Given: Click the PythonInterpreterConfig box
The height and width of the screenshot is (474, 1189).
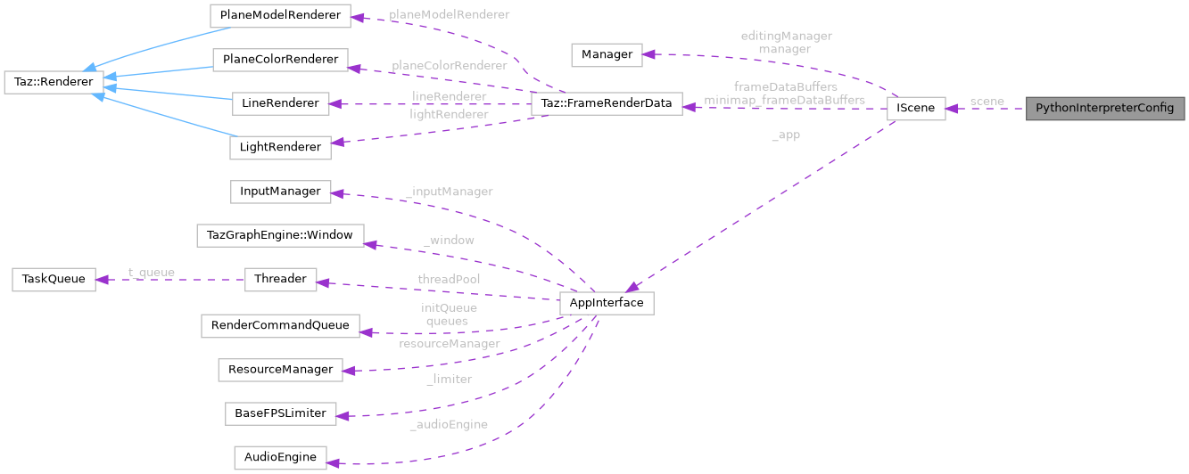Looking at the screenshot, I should point(1105,109).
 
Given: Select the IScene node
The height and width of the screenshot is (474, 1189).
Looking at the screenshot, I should point(915,109).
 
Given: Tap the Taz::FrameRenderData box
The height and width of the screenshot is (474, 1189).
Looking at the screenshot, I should point(607,103).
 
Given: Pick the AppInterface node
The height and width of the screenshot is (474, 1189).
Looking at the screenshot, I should point(607,303).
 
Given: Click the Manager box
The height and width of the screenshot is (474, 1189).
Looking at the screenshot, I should point(607,54).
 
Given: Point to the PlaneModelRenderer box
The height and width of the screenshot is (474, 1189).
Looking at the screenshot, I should point(280,16).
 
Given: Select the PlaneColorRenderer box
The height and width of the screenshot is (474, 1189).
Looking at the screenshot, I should point(280,61).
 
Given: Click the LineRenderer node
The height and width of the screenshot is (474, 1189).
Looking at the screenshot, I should point(280,103).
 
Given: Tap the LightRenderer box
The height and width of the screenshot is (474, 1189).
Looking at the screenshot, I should point(280,147).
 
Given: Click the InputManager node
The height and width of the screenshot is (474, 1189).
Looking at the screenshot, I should point(280,191).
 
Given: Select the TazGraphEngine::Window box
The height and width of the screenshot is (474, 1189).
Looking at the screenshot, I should point(280,235).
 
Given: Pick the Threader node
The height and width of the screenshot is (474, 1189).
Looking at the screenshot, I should point(280,279).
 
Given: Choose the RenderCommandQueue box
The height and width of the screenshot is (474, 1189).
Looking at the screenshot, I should point(280,325).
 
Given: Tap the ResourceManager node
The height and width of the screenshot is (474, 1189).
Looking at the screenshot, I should point(280,369).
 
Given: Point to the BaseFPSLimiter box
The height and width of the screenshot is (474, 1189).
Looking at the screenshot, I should point(280,413).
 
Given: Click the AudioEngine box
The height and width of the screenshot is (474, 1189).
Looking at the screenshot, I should point(280,457).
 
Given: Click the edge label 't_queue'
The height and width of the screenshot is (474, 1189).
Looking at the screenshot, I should point(152,273).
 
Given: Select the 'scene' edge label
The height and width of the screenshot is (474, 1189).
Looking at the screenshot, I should point(987,102).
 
